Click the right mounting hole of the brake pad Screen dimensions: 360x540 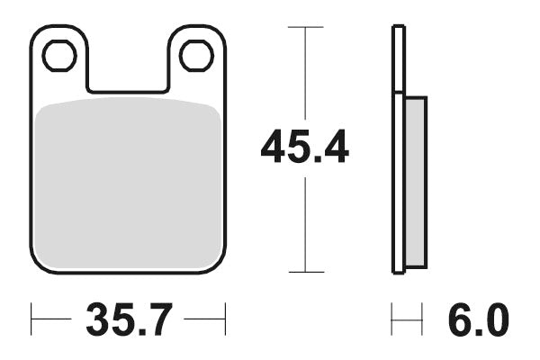195,56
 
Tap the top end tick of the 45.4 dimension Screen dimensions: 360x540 306,27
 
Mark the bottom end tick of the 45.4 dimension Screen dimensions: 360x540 306,272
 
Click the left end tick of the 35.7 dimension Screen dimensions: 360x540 32,319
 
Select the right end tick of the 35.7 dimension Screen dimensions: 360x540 223,319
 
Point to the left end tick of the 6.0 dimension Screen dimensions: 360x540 392,319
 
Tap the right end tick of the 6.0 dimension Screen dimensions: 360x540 422,319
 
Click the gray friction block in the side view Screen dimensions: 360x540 415,180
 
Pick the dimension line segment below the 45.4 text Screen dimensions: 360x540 306,225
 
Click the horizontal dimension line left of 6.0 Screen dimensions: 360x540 407,319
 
